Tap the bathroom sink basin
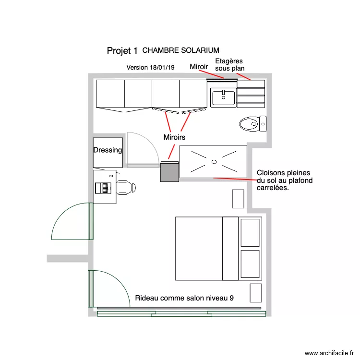(223, 97)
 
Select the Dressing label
(108, 150)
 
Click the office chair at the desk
(126, 187)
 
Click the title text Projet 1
(122, 50)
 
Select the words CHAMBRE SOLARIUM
(181, 50)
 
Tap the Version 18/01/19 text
(150, 68)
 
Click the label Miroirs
(174, 137)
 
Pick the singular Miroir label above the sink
(199, 67)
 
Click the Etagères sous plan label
(229, 65)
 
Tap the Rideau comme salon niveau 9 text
(184, 298)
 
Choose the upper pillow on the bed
(250, 232)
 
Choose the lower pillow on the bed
(250, 264)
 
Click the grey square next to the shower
(169, 172)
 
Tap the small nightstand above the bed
(238, 199)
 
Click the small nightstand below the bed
(256, 293)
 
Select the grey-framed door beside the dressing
(143, 150)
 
